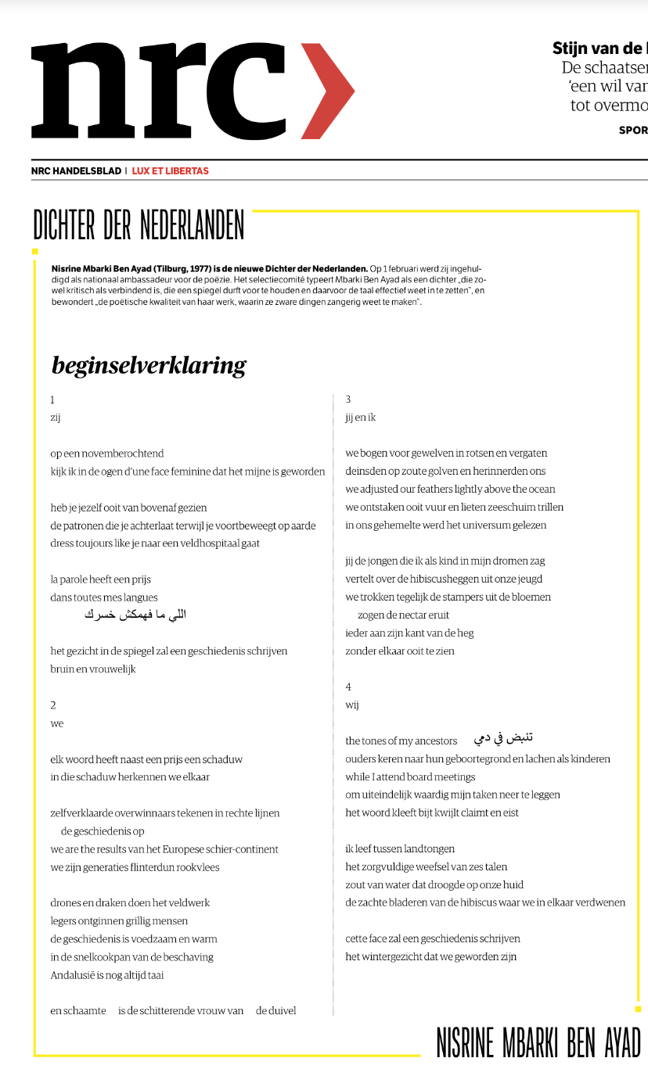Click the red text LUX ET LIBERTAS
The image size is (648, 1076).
(170, 170)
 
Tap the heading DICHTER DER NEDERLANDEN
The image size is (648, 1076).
(139, 225)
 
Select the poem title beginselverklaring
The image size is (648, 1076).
(149, 365)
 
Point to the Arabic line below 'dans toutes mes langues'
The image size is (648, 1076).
(135, 615)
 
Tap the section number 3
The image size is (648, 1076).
(348, 400)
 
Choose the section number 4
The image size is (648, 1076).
(348, 687)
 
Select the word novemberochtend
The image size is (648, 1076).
(122, 454)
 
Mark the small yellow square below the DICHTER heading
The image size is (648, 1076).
(34, 251)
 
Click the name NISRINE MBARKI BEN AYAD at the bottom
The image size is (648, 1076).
(538, 1042)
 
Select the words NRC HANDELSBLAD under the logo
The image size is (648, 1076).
(76, 170)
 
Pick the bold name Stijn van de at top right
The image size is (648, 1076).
(599, 48)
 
